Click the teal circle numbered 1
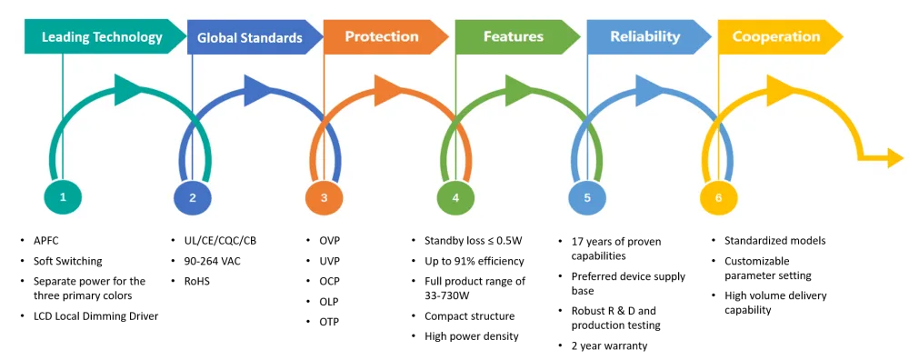63,196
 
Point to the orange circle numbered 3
325,197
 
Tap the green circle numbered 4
455,197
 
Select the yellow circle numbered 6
719,197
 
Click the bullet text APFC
46,240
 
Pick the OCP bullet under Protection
329,281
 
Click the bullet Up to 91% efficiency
474,261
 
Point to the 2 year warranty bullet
609,346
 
